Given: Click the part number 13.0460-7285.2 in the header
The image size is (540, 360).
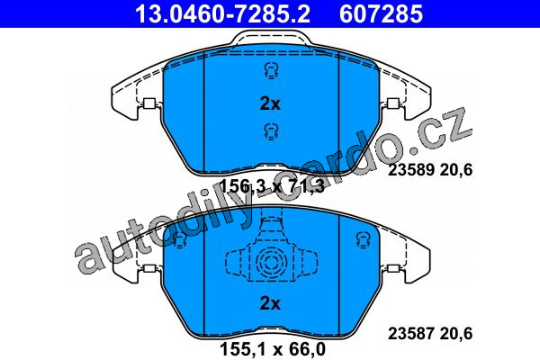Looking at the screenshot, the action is point(223,13).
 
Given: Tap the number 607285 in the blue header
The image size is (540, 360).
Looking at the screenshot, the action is point(381,13).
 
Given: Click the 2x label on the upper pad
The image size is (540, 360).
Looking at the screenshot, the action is point(270,103).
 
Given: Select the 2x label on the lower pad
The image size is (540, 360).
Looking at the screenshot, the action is point(270,303).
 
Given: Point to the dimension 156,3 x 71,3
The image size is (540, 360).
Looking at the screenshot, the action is point(272,187).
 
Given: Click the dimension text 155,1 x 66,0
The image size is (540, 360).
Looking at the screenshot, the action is point(273,349).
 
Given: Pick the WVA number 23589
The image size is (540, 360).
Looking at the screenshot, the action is point(410,170).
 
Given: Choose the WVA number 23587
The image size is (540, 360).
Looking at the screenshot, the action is point(410,333).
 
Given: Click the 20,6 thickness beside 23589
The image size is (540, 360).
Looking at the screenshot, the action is point(455,170).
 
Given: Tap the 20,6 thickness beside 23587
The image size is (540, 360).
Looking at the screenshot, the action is point(455,334).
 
